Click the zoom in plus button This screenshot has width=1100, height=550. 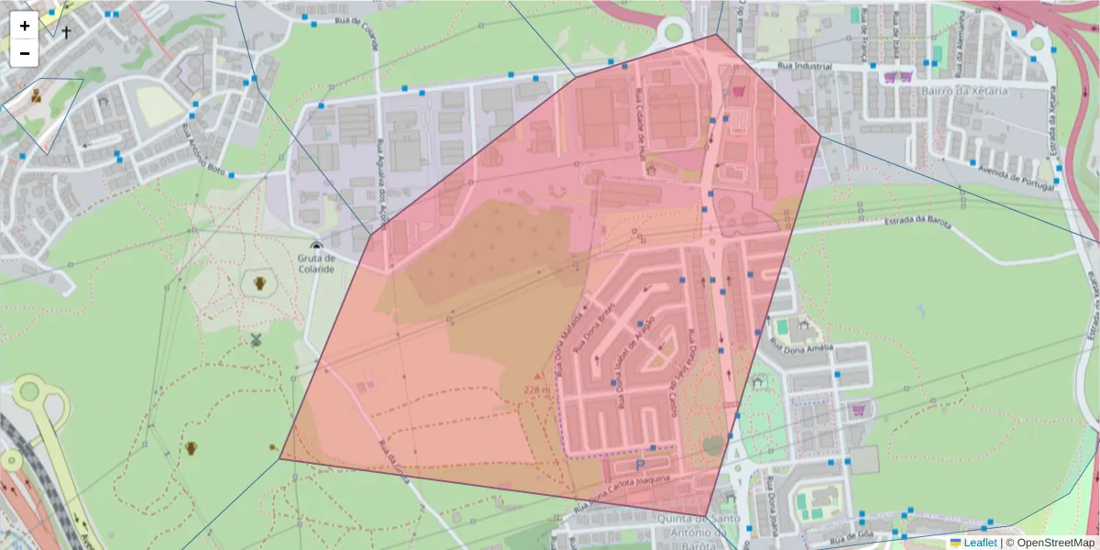[25, 26]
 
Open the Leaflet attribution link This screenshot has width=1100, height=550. [980, 543]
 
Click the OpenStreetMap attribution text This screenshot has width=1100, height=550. [1055, 543]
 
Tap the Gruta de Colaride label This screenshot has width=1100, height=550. [316, 264]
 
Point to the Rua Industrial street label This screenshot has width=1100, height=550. [804, 67]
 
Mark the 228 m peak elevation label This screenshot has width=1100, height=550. [537, 390]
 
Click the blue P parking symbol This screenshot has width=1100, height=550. [640, 464]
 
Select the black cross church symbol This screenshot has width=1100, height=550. [66, 31]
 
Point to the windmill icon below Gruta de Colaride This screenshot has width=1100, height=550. [257, 340]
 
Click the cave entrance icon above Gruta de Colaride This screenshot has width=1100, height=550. [316, 246]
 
